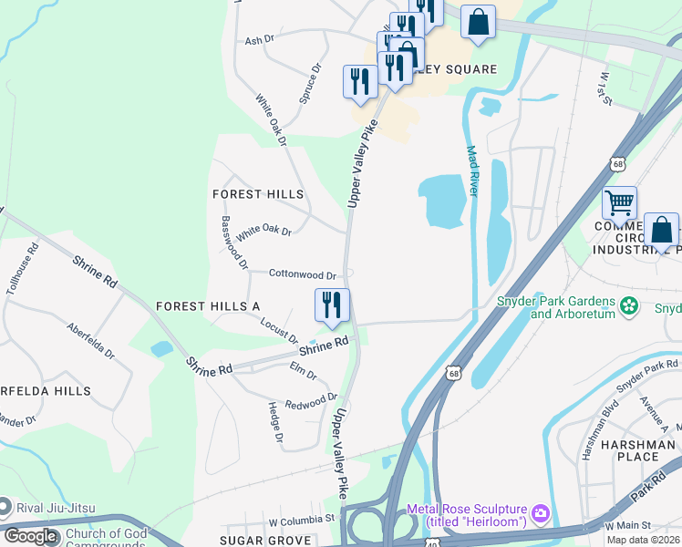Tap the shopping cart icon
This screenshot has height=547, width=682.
pos(619,202)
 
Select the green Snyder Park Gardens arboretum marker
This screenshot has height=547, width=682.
pos(627,306)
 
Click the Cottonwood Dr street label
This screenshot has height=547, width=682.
pos(303,273)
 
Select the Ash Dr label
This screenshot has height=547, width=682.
pos(260,41)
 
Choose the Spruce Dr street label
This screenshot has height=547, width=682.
pos(310,82)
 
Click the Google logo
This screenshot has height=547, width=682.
pos(30,536)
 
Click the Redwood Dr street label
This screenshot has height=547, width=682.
pos(311,401)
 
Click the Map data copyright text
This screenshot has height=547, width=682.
pos(643,540)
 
